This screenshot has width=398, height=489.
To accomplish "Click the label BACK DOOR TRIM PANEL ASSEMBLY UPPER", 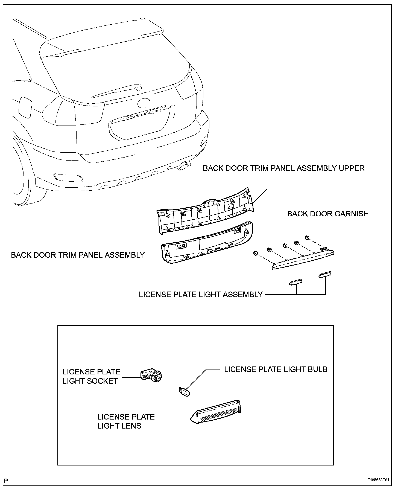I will click(283, 168).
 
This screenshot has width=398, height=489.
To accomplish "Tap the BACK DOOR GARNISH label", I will click(328, 214).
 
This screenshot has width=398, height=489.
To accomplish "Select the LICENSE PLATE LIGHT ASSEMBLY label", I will click(201, 295).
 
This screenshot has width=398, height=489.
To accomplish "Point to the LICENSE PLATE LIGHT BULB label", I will click(276, 369).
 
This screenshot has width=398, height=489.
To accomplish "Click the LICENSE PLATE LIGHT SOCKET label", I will click(91, 376).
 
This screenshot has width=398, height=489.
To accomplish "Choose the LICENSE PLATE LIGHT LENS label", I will click(126, 421).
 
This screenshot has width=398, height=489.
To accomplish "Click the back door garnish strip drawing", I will click(303, 258).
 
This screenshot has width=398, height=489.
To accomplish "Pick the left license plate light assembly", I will click(296, 282).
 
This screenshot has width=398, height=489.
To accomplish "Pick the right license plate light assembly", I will click(325, 274).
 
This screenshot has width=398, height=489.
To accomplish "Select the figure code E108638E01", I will click(378, 480).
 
